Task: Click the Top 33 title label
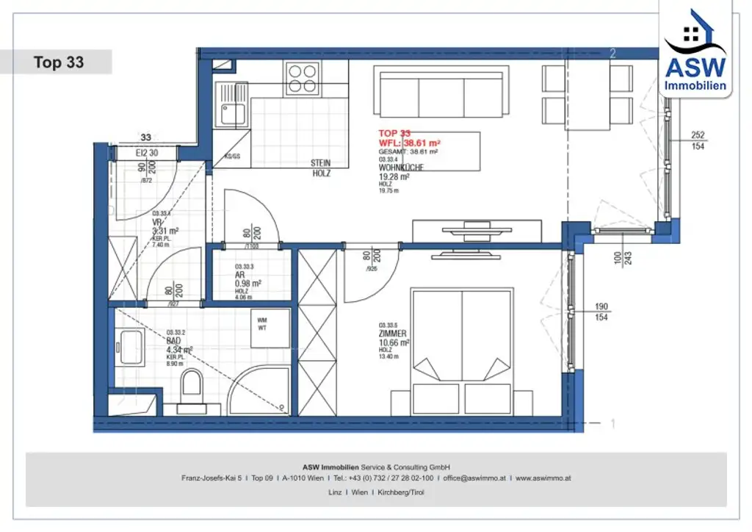(x=59, y=62)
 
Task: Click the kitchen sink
(x=231, y=115)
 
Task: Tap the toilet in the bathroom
(x=192, y=386)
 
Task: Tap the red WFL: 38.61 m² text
(x=409, y=143)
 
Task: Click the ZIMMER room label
(x=393, y=334)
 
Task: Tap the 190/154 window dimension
(x=601, y=311)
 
